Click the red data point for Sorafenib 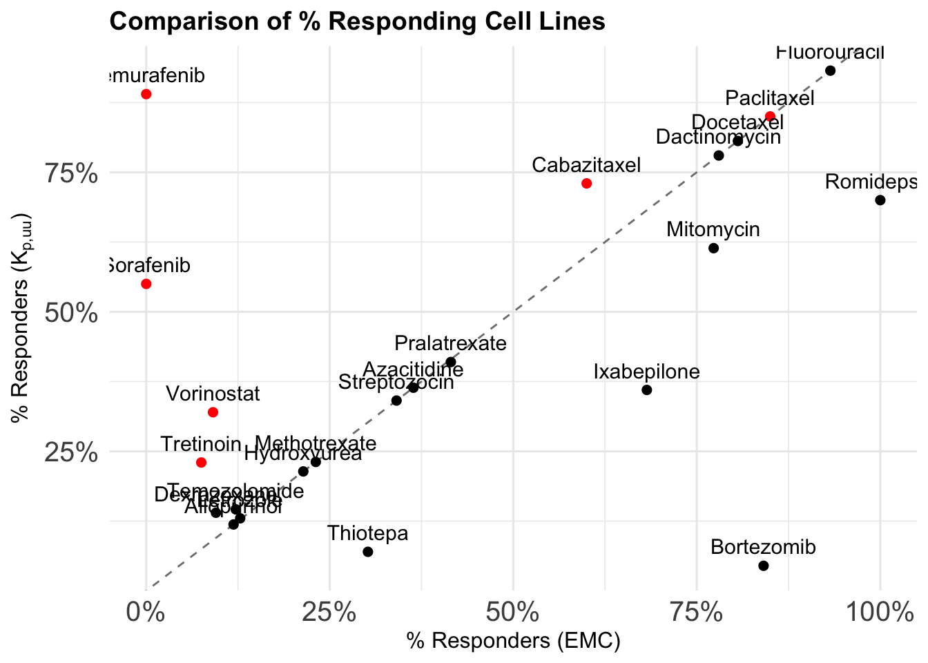pos(146,284)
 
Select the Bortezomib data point pos(763,566)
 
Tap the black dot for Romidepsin pos(880,200)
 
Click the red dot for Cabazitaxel pos(586,183)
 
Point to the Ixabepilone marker pos(646,390)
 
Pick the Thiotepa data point pos(367,552)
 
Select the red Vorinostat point pos(213,412)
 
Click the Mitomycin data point pos(713,248)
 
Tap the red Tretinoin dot pos(201,463)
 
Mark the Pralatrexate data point pos(450,362)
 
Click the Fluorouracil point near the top pos(830,70)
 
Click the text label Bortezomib pos(763,548)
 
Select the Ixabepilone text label pos(646,372)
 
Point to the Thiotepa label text pos(367,534)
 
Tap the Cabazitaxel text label pos(586,166)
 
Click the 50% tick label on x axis pos(513,612)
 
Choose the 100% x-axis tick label pos(879,612)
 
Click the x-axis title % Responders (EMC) pos(513,642)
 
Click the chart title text pos(357,21)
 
